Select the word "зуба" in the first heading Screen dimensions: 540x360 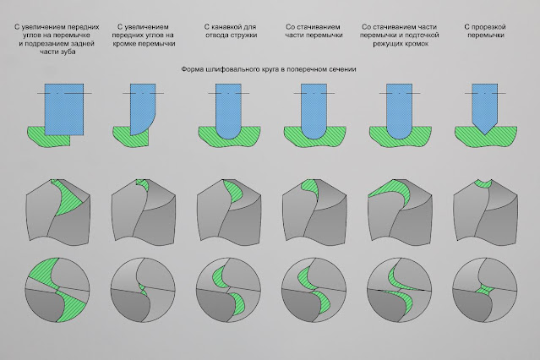(68, 52)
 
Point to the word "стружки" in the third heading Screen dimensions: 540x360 (244, 35)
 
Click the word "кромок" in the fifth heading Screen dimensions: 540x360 (417, 44)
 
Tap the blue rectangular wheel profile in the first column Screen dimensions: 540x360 (64, 108)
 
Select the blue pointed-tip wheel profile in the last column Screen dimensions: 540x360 (484, 106)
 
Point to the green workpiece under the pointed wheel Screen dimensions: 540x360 (486, 136)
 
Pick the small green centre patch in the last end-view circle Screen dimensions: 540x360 (484, 289)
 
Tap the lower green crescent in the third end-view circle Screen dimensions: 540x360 (238, 304)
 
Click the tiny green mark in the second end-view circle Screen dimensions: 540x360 (143, 289)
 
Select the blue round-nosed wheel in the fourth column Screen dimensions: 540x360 (314, 111)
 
